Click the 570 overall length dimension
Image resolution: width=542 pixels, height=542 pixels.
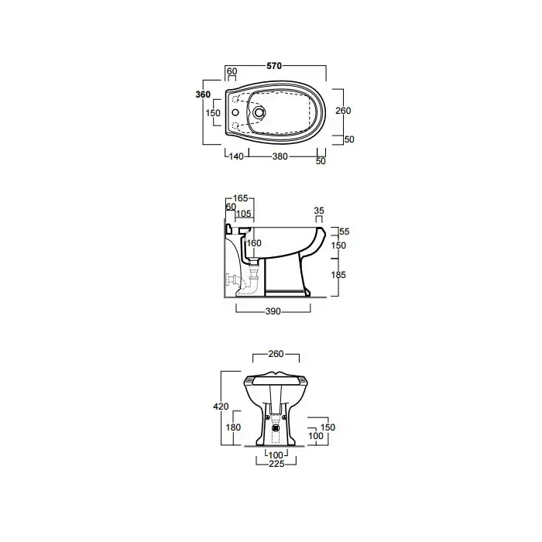(274, 66)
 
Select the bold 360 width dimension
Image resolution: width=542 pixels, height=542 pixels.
(203, 94)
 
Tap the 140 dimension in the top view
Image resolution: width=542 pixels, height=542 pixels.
(236, 156)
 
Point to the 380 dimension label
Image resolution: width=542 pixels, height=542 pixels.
(280, 156)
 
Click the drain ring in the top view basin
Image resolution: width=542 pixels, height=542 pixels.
(259, 113)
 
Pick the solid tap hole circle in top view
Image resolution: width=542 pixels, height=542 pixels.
(235, 113)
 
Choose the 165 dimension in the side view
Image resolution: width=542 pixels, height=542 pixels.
(241, 198)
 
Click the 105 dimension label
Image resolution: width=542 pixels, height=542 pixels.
(244, 214)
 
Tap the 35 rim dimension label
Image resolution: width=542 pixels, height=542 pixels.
(319, 211)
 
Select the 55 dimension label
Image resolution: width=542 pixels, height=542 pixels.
(345, 232)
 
